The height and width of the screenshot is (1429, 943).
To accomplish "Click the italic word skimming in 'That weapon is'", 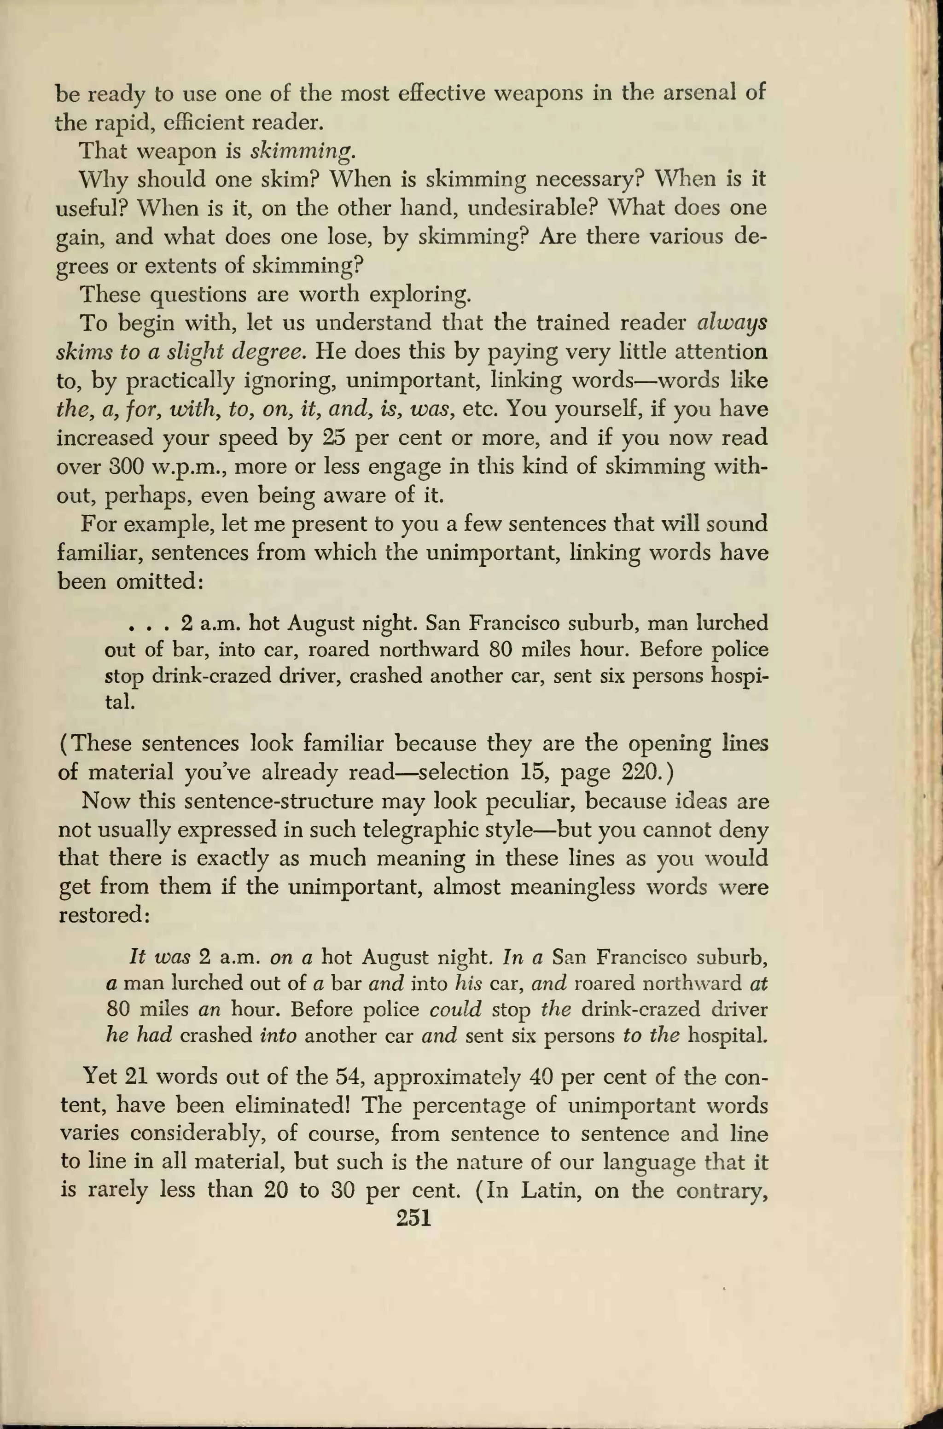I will coord(300,151).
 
